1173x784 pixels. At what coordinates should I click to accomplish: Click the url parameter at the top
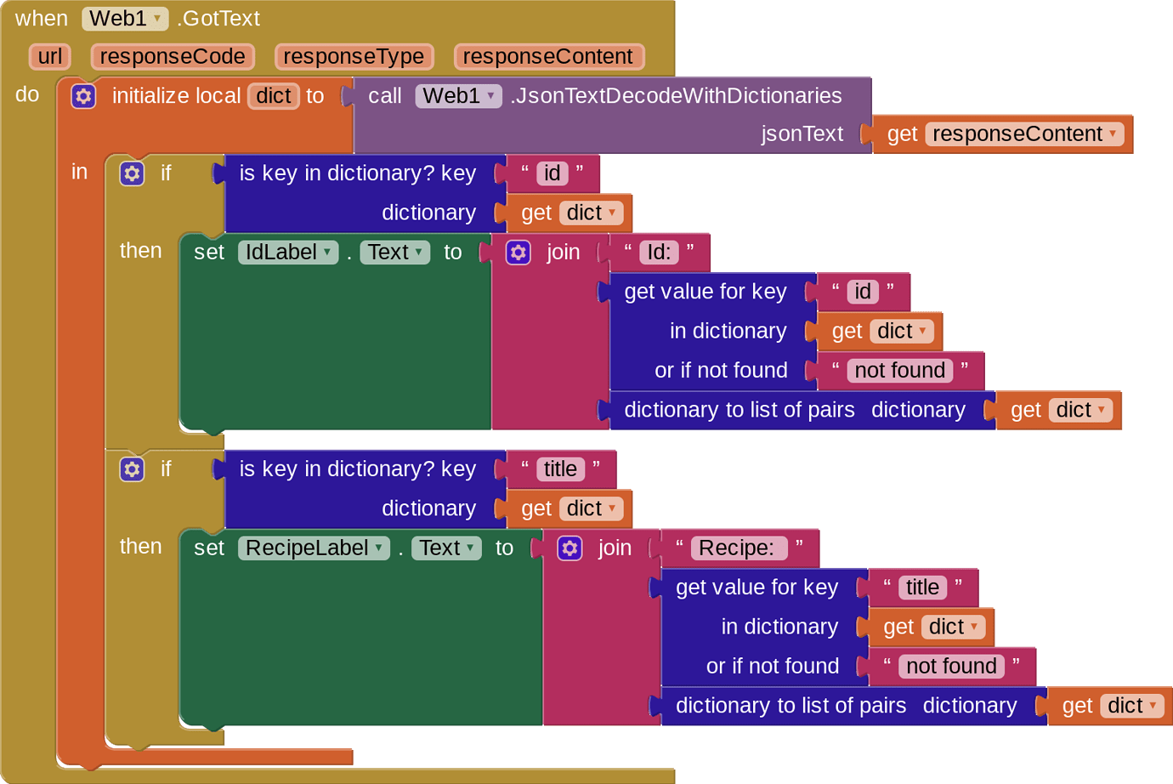pos(49,56)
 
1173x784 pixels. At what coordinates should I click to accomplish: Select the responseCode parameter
pos(173,56)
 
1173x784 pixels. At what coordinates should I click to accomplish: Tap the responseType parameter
pos(354,56)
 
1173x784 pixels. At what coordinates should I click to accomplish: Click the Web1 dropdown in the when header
pos(125,18)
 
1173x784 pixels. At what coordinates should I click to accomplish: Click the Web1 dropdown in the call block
pos(458,95)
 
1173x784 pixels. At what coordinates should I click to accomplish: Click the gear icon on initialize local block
pos(83,96)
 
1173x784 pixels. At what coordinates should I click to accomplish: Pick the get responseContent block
pos(1003,134)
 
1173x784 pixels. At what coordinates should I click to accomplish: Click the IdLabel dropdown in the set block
pos(287,252)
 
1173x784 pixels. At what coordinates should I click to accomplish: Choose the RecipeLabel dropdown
pos(314,548)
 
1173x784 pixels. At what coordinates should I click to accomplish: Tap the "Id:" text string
pos(659,252)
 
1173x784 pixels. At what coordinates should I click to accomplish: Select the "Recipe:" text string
pos(737,548)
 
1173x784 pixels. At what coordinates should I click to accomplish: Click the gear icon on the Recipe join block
pos(569,548)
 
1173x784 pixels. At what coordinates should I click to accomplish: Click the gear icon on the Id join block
pos(518,252)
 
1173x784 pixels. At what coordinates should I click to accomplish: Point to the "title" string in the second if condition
pos(560,469)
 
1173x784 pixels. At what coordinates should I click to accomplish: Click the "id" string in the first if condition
pos(552,173)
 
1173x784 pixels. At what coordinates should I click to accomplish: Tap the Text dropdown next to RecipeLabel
pos(446,548)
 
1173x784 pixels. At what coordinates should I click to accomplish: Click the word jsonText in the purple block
pos(802,134)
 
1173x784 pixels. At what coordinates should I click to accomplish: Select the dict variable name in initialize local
pos(274,95)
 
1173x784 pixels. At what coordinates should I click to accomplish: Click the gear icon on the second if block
pos(132,469)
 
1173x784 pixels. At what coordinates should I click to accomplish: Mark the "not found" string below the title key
pos(951,666)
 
